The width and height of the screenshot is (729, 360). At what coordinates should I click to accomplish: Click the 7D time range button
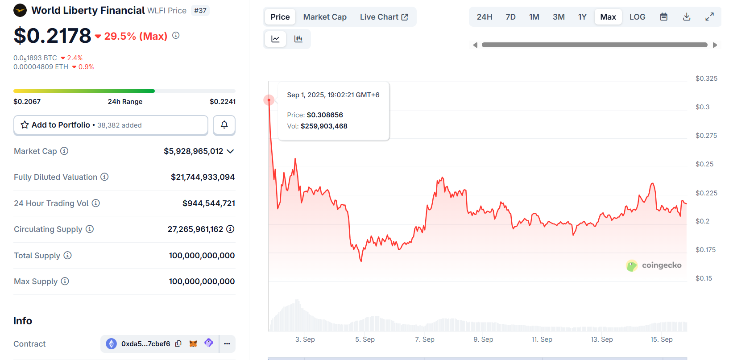[510, 17]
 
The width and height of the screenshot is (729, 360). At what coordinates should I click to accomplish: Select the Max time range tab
[608, 17]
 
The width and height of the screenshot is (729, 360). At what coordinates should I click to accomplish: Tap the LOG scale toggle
[637, 17]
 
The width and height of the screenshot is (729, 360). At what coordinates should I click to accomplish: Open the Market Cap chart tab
[325, 17]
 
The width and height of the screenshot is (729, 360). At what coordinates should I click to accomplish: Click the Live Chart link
[384, 17]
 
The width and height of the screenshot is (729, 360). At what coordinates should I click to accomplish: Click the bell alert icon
[224, 125]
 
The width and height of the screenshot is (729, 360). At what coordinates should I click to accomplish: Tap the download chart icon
[687, 17]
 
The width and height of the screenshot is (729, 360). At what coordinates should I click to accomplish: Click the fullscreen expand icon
[709, 17]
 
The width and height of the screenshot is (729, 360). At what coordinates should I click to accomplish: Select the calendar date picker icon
[664, 17]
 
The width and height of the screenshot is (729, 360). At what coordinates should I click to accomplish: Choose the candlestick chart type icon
[298, 39]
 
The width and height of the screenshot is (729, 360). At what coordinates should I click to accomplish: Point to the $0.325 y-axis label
[706, 79]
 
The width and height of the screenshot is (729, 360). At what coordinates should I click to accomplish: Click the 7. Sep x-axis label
[424, 339]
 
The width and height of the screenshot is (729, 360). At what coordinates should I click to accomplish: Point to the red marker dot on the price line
[269, 100]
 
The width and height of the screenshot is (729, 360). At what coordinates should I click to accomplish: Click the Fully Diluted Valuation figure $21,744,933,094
[203, 177]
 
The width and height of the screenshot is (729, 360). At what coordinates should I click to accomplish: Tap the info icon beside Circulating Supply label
[90, 229]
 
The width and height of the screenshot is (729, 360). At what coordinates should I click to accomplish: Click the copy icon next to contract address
[178, 343]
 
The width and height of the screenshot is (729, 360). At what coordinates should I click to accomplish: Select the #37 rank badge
[200, 10]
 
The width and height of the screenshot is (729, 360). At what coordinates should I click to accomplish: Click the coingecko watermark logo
[654, 265]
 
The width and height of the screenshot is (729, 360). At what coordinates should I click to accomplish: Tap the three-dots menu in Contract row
[227, 343]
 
